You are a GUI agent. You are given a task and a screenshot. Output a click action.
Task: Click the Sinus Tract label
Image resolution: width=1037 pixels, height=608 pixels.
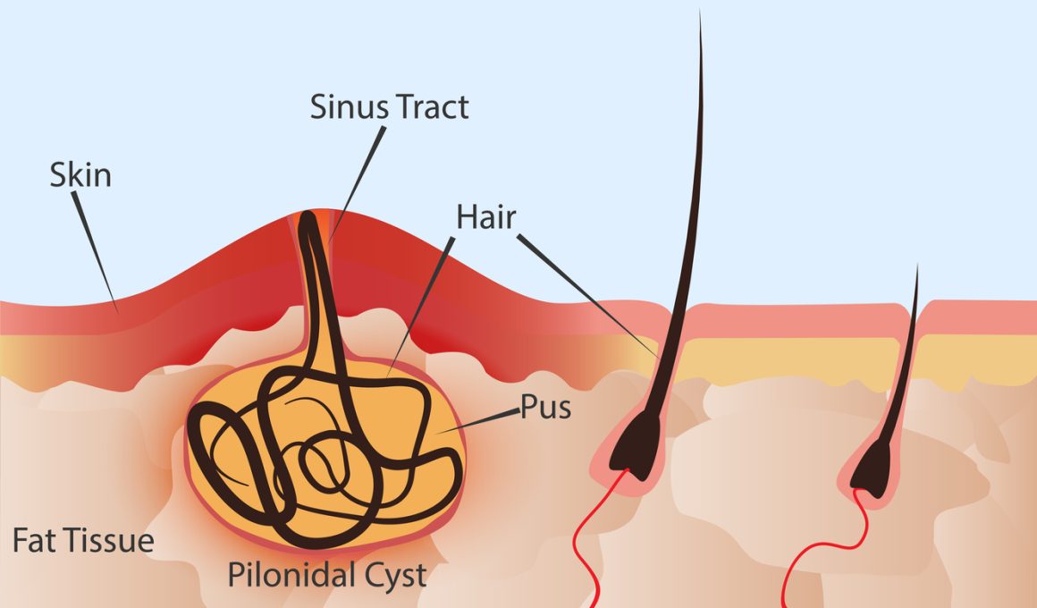point(390,107)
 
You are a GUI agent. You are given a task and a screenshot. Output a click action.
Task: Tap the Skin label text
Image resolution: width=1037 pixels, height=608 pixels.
point(80,175)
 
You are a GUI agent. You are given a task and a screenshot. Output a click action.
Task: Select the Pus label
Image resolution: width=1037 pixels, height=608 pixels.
point(545,408)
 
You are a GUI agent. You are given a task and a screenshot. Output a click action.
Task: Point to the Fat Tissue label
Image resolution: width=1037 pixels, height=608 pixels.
point(83,541)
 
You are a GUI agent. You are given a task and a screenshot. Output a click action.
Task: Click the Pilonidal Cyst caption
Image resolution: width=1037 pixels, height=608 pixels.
point(326,575)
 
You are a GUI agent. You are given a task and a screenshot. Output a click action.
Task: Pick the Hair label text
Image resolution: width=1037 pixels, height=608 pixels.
point(486,217)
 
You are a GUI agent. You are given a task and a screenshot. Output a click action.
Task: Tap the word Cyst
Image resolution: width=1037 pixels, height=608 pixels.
point(397,576)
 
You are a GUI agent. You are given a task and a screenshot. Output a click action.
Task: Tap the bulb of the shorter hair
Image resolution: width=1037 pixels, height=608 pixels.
point(872,469)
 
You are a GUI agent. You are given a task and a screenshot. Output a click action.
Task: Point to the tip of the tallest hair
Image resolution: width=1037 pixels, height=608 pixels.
point(700,11)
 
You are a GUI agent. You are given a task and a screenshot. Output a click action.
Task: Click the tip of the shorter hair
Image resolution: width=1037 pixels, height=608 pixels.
point(917,266)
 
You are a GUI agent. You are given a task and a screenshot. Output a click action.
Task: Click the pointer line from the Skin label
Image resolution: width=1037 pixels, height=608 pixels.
point(96,252)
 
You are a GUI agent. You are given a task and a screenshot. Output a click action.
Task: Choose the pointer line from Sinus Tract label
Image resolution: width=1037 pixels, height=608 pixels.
point(357,184)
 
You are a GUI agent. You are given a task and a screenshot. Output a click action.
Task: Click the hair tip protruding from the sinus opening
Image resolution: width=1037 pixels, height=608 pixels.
point(308,218)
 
